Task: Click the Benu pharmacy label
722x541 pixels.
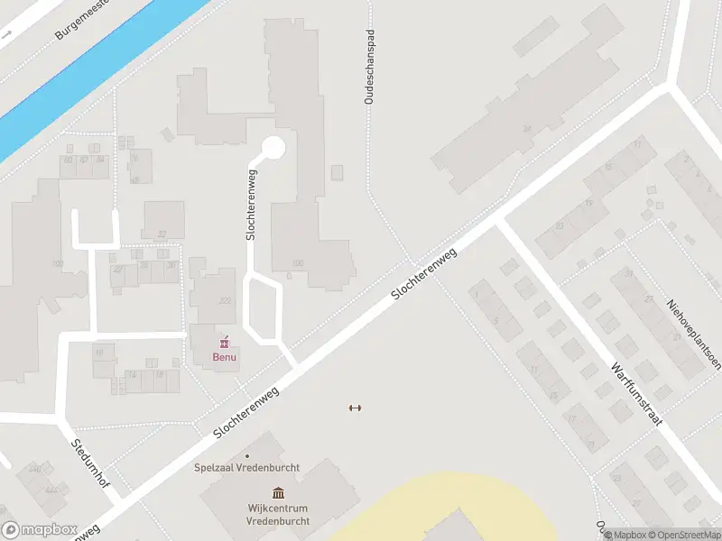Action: pyautogui.click(x=224, y=356)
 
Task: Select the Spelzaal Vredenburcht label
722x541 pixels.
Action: pyautogui.click(x=247, y=467)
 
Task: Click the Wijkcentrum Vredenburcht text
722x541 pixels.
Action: pyautogui.click(x=279, y=515)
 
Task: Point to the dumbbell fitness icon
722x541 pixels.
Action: pyautogui.click(x=355, y=408)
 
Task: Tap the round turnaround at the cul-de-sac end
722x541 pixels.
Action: pyautogui.click(x=273, y=147)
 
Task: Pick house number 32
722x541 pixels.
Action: pyautogui.click(x=162, y=234)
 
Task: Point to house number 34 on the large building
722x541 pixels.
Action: pyautogui.click(x=525, y=130)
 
